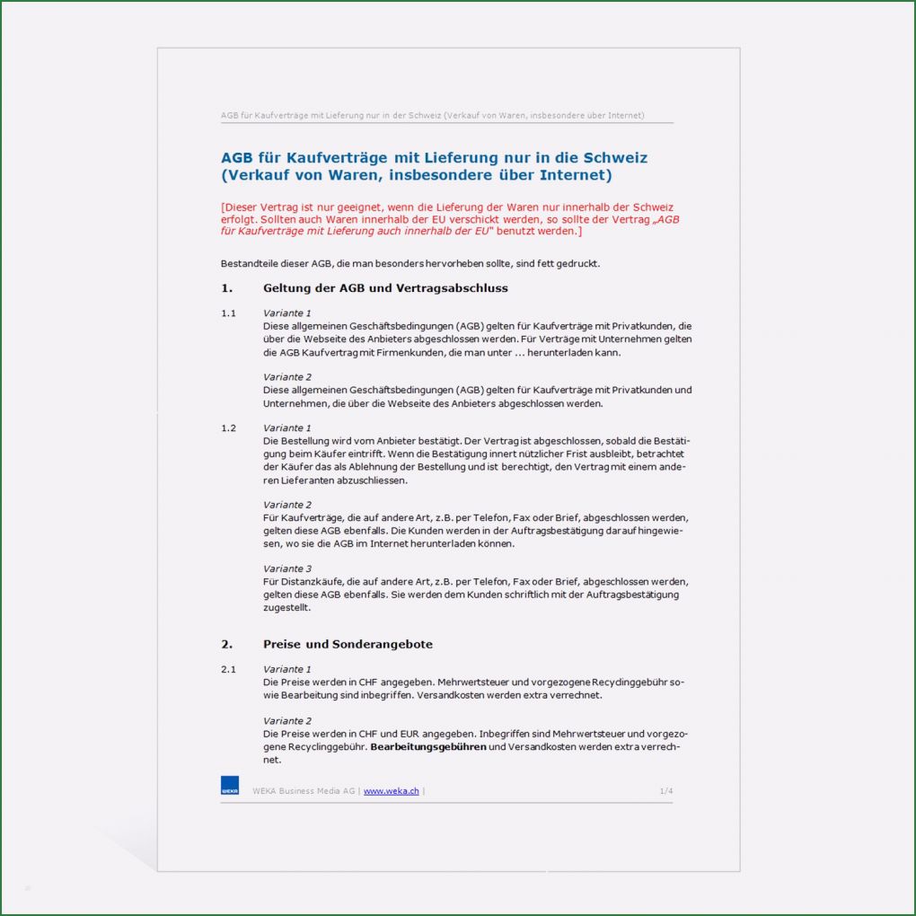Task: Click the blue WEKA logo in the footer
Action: tap(229, 786)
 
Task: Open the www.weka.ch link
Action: tap(391, 791)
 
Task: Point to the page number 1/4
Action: tap(665, 791)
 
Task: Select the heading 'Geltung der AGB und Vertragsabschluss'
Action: tap(385, 288)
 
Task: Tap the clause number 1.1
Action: tap(228, 313)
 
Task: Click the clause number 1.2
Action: tap(228, 428)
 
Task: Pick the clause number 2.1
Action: tap(228, 669)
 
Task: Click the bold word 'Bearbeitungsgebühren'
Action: tap(428, 746)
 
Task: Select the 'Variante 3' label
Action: tap(287, 568)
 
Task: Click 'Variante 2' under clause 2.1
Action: tap(287, 721)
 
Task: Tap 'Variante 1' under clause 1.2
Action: tap(287, 428)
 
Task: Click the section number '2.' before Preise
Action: tap(226, 644)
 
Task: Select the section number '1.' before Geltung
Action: tap(226, 288)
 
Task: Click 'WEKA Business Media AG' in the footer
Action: tap(304, 791)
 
